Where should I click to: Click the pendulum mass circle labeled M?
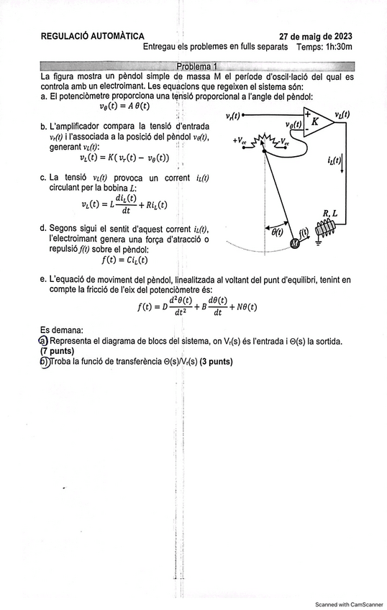(295, 244)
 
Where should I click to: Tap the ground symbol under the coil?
(319, 243)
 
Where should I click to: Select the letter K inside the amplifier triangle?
(314, 122)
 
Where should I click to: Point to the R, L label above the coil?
(330, 214)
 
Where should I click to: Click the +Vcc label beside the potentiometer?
(240, 141)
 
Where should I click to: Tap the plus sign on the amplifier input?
(308, 114)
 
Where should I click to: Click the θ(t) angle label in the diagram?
(277, 232)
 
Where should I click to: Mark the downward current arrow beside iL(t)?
(342, 164)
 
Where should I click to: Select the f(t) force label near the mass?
(304, 232)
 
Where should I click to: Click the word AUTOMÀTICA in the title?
(117, 36)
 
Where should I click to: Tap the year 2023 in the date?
(342, 37)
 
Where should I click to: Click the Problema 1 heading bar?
(197, 66)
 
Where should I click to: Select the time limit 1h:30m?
(339, 47)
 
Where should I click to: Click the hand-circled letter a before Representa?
(43, 341)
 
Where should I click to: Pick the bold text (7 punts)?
(57, 351)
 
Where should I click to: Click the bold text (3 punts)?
(216, 362)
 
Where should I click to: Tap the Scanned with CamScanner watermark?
(349, 604)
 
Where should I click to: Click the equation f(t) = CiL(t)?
(125, 260)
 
